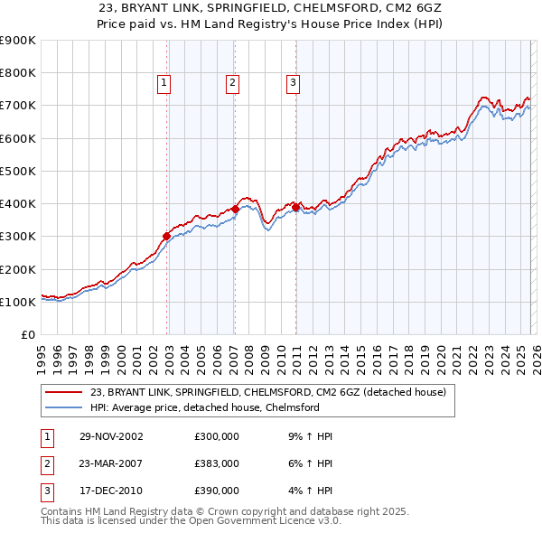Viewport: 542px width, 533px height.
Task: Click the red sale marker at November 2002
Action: (x=167, y=237)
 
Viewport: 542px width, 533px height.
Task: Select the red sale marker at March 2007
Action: (x=235, y=209)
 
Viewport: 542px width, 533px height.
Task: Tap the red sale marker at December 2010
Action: (x=295, y=207)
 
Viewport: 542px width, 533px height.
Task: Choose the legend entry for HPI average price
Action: (x=205, y=407)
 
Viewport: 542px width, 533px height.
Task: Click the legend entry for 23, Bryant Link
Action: (x=267, y=392)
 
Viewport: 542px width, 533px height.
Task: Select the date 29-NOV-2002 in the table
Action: (x=111, y=436)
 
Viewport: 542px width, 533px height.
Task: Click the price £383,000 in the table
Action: (x=216, y=463)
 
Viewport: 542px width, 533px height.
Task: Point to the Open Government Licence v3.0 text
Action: (x=261, y=521)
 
